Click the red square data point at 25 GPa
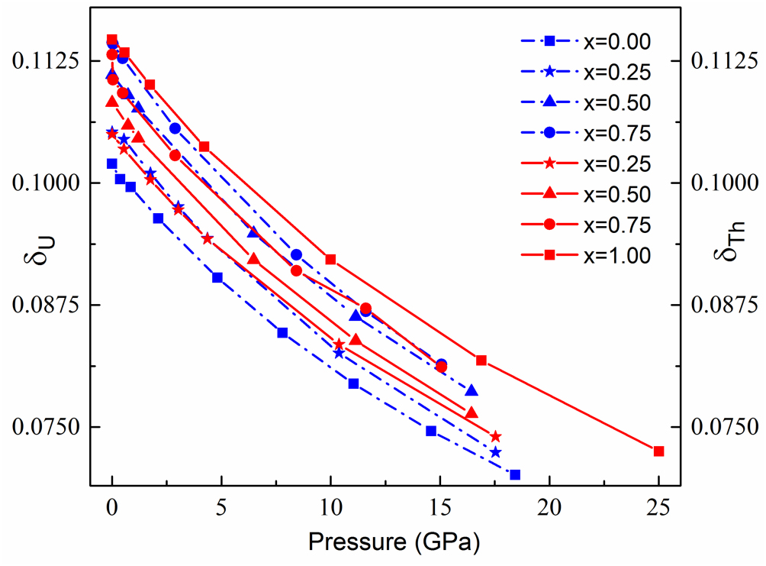(659, 451)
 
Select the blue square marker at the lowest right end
(515, 474)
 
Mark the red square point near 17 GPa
(481, 360)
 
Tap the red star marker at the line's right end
(496, 436)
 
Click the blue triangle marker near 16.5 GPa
(472, 390)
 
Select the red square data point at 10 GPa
(330, 259)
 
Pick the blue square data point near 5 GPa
(217, 277)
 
